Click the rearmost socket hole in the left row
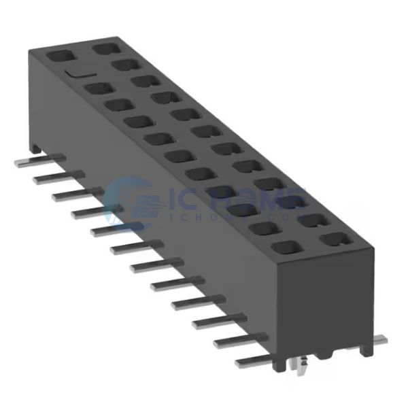coord(62,55)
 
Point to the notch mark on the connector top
coord(75,71)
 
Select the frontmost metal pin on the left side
coord(252,362)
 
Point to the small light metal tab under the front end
coord(296,365)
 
